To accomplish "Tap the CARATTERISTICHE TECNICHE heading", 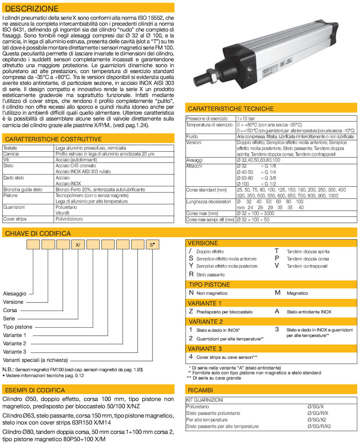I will click(230, 108).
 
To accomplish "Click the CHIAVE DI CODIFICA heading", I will click(37, 233).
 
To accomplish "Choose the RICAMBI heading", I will click(201, 389).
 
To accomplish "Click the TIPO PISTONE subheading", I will click(209, 284).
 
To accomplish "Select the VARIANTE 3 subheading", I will click(205, 348).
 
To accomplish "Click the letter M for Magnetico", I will click(278, 293).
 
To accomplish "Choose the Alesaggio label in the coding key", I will click(15, 293).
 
